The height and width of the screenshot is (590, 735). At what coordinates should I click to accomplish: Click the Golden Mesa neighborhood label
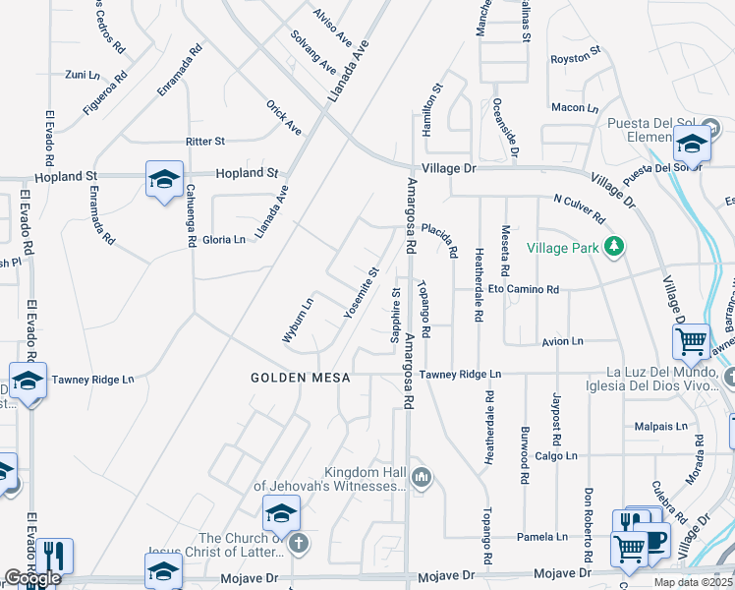[x=300, y=378]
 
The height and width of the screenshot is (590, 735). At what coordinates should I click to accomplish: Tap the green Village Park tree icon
[x=615, y=246]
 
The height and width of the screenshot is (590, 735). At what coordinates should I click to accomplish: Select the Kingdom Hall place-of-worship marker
[x=423, y=478]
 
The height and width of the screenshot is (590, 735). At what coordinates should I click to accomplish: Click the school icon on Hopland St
[x=164, y=179]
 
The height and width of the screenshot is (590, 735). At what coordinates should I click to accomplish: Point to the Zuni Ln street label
[x=83, y=74]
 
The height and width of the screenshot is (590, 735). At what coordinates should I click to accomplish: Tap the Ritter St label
[x=205, y=142]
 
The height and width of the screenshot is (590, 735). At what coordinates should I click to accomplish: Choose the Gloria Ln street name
[x=224, y=240]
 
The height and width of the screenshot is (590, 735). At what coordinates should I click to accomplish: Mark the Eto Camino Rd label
[x=524, y=290]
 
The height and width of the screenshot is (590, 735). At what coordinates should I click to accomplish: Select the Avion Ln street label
[x=562, y=341]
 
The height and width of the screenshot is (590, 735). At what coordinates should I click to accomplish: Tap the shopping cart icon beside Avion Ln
[x=692, y=341]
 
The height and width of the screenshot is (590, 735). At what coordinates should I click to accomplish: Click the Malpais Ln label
[x=660, y=427]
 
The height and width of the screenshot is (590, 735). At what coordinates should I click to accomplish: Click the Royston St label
[x=574, y=58]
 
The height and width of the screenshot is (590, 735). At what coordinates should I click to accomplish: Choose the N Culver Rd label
[x=580, y=208]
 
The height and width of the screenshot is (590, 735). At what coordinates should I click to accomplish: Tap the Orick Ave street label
[x=284, y=117]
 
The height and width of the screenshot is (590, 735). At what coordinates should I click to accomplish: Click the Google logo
[x=32, y=578]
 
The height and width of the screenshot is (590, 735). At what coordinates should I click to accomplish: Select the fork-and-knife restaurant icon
[x=54, y=556]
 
